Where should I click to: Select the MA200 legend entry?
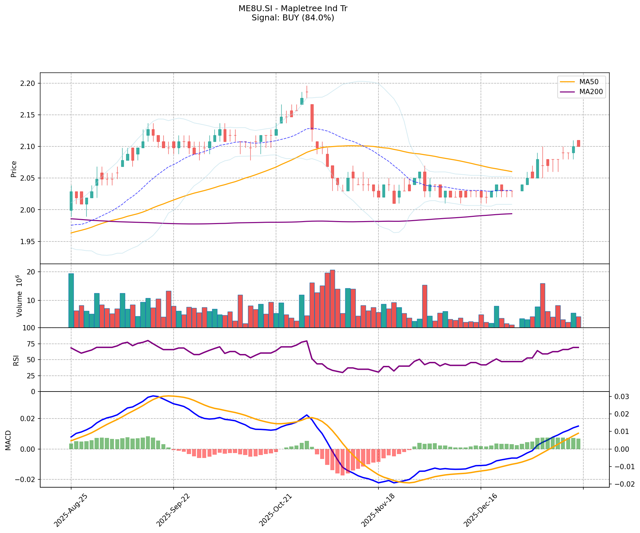[591, 92]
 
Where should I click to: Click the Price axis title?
[14, 169]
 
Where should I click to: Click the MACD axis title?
[9, 440]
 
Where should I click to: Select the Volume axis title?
[19, 296]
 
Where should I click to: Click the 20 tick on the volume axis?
[32, 272]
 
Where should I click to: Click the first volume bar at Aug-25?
[71, 300]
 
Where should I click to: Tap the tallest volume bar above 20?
[332, 299]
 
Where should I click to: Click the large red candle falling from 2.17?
[312, 117]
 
